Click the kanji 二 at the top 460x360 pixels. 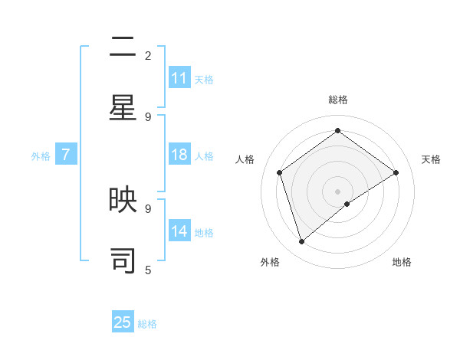123,47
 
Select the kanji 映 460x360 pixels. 123,200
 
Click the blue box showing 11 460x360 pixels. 179,78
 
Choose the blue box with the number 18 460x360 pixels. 179,155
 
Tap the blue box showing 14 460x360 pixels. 179,231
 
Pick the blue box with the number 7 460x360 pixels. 66,155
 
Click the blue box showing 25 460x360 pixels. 123,322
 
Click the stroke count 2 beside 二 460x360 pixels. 148,56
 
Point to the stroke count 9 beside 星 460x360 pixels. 148,116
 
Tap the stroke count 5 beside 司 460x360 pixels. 148,270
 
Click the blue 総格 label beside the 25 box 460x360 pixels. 147,324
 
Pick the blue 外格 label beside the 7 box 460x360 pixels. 41,156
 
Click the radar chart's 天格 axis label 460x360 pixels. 431,159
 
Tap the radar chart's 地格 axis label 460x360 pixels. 402,262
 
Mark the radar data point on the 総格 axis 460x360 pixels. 337,131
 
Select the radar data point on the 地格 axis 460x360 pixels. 347,204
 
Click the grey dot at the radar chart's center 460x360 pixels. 337,191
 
